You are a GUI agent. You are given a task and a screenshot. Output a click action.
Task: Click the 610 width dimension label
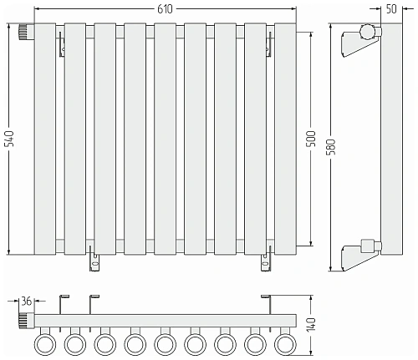point(165,9)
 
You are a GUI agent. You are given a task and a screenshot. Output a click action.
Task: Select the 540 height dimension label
point(10,139)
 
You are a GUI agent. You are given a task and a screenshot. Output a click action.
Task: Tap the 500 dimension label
point(312,139)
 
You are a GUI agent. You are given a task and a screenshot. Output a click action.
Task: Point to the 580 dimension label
point(332,147)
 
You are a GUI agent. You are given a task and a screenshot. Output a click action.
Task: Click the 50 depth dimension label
point(391,9)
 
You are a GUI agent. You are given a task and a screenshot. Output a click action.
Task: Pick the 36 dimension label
point(27,302)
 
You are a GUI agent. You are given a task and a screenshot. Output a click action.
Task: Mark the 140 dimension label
point(311,324)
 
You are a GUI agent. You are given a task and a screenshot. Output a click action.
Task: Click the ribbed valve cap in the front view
point(26,32)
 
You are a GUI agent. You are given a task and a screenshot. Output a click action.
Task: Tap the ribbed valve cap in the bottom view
point(26,321)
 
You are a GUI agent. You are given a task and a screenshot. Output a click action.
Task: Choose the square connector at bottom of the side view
point(368,246)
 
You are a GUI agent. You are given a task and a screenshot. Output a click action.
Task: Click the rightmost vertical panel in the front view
point(285,139)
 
